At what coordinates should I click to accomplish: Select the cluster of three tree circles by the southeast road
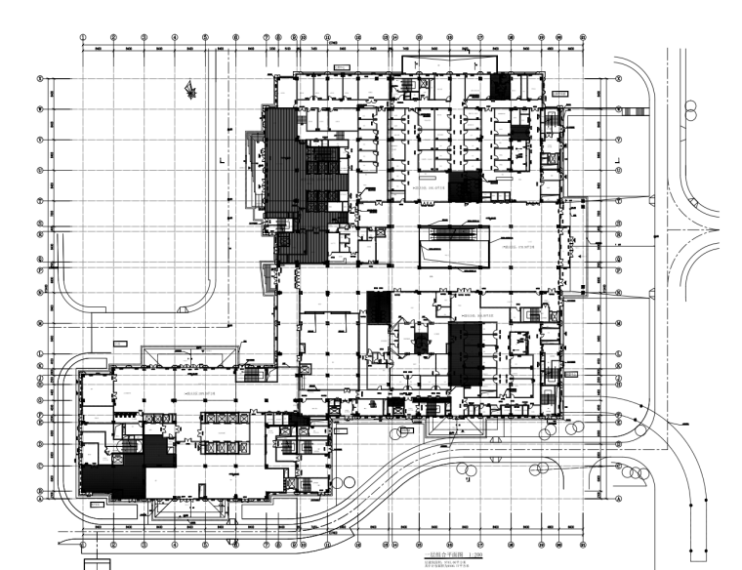pyautogui.click(x=638, y=473)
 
